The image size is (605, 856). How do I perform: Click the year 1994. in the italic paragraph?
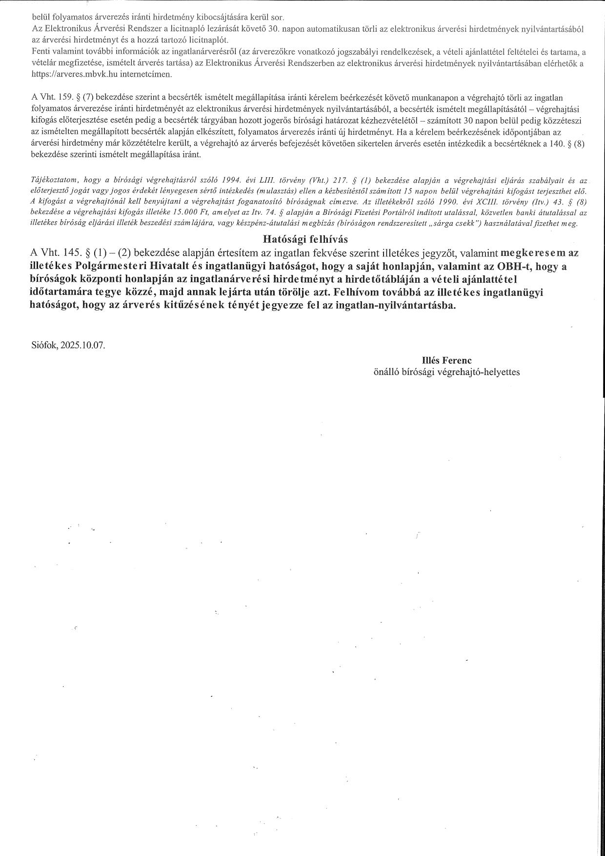pyautogui.click(x=231, y=180)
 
